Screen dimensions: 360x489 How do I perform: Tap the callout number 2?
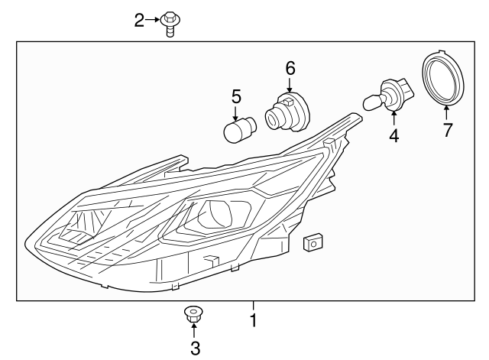point(139,20)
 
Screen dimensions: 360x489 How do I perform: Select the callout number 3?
point(194,349)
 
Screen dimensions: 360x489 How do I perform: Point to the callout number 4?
point(393,136)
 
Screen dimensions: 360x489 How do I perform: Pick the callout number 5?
point(236,96)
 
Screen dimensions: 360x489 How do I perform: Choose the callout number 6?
point(290,67)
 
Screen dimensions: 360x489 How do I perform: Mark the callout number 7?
point(447,130)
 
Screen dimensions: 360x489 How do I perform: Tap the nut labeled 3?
point(193,313)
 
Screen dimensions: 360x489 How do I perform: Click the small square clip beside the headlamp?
point(311,242)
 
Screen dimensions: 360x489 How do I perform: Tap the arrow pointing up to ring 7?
point(446,112)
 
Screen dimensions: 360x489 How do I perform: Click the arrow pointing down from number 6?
point(290,85)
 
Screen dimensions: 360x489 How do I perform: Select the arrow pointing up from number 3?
point(194,331)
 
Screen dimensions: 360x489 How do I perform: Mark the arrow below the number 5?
point(236,112)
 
